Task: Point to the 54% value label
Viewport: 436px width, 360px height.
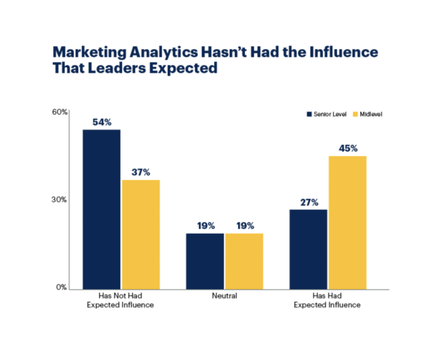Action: pyautogui.click(x=102, y=122)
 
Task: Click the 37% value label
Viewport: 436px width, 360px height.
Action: pyautogui.click(x=141, y=172)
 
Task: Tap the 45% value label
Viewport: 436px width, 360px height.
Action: pyautogui.click(x=348, y=148)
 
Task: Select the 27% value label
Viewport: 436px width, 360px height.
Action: pyautogui.click(x=309, y=202)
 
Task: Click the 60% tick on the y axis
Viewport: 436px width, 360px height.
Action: pyautogui.click(x=60, y=112)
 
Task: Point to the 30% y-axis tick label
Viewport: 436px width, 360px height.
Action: pyautogui.click(x=59, y=200)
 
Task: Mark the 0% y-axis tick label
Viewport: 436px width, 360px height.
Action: pyautogui.click(x=61, y=287)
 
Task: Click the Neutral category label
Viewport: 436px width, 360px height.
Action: pyautogui.click(x=224, y=296)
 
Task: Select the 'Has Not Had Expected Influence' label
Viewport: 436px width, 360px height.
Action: pyautogui.click(x=120, y=300)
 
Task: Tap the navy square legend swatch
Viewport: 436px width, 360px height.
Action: pyautogui.click(x=309, y=114)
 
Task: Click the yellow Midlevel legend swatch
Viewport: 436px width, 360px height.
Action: pyautogui.click(x=355, y=114)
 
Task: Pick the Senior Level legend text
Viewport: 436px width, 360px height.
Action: pyautogui.click(x=330, y=114)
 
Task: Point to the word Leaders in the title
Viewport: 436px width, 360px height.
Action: pyautogui.click(x=116, y=68)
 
